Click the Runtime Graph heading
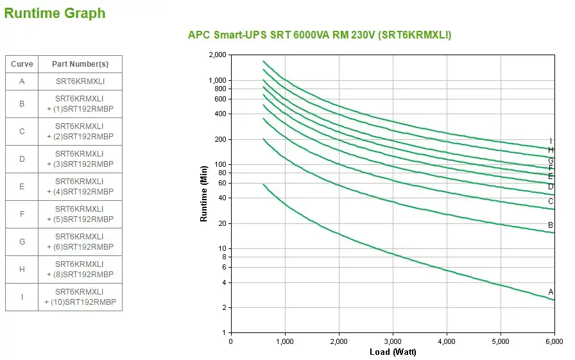pos(55,13)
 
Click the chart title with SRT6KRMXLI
pos(319,35)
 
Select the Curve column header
pos(22,64)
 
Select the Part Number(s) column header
pos(80,64)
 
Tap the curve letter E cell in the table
pos(22,187)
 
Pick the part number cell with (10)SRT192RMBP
pos(80,297)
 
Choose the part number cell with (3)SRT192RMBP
pos(80,159)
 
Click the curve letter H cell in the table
pos(22,270)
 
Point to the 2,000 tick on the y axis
pos(218,55)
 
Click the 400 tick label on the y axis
pos(221,114)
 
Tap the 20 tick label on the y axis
pos(223,223)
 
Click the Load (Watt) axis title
pos(393,352)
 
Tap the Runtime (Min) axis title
pos(204,194)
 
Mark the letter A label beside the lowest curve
pos(551,291)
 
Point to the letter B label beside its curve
pos(551,225)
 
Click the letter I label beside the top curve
pos(551,141)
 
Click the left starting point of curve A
pos(264,184)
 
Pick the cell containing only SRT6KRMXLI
pos(80,81)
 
